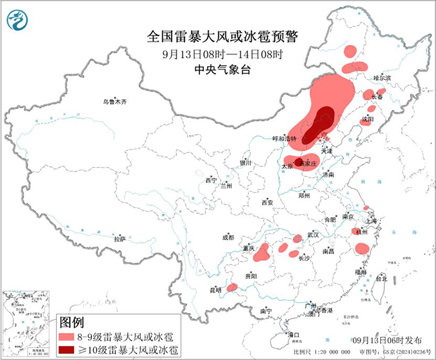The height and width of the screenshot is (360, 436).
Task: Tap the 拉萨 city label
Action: [x=119, y=239]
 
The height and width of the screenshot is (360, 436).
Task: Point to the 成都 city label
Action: [x=227, y=237]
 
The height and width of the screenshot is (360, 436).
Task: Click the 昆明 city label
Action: [x=215, y=290]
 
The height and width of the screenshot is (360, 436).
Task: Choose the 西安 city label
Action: [x=268, y=202]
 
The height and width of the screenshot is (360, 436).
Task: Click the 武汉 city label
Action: [x=313, y=235]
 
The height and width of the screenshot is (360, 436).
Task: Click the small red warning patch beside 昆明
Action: [x=231, y=288]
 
